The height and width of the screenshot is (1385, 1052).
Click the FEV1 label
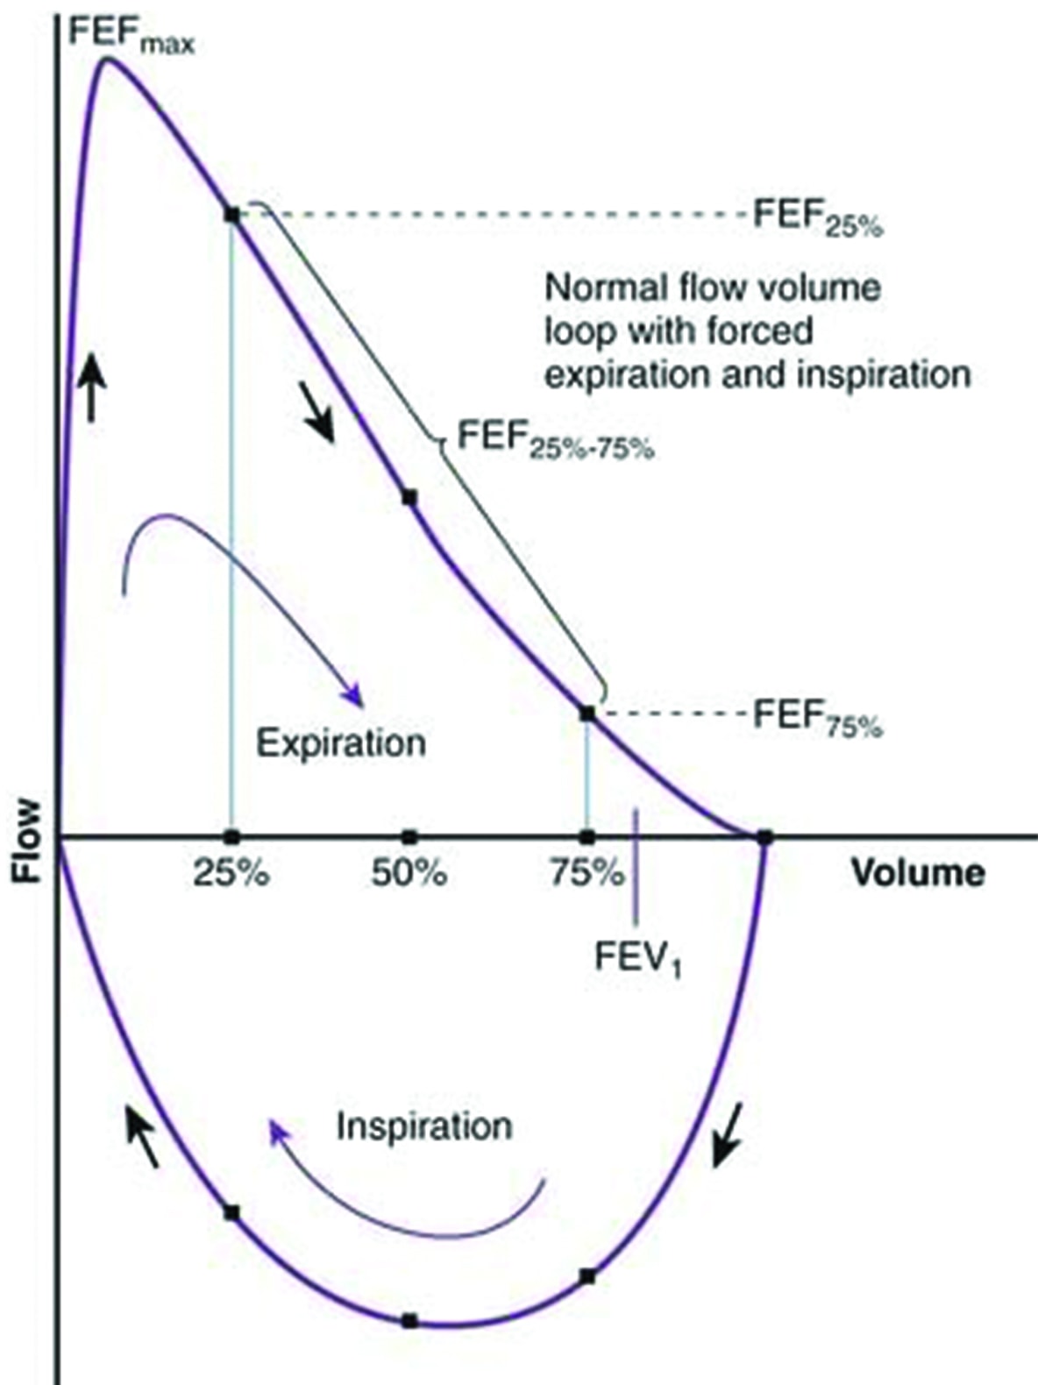(637, 956)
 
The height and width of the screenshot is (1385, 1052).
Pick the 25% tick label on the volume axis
(231, 873)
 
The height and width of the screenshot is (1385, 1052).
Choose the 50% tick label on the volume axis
(409, 873)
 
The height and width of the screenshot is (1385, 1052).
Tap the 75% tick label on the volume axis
(586, 873)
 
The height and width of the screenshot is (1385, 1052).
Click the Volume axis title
(918, 873)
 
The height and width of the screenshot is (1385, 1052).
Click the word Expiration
(341, 744)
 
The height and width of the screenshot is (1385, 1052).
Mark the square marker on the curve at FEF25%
(232, 215)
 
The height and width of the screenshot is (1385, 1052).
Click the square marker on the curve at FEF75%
(587, 714)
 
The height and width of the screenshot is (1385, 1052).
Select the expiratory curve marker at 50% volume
(409, 498)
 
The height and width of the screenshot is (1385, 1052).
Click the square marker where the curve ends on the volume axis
(764, 837)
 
